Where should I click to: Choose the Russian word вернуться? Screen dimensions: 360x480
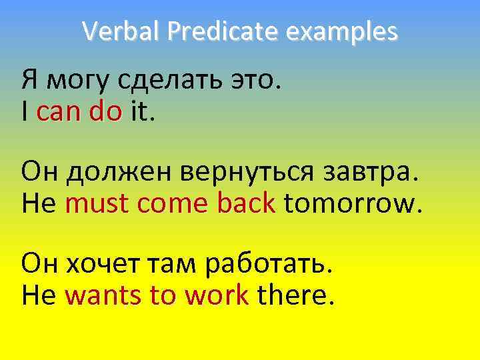227,172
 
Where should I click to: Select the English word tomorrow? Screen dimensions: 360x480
353,203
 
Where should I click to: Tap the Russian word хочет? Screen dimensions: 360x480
101,263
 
